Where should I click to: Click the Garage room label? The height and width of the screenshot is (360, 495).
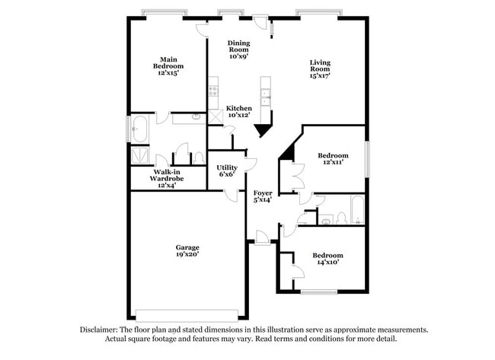click(x=187, y=251)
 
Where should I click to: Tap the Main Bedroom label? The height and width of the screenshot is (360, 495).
click(x=168, y=66)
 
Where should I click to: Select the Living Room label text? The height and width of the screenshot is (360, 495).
click(x=319, y=69)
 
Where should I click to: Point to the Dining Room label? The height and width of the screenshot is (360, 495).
click(x=238, y=49)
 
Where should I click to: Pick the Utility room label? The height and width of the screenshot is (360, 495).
click(x=227, y=170)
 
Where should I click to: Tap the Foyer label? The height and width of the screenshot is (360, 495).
click(x=263, y=196)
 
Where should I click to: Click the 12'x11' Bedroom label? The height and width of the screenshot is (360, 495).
click(x=333, y=158)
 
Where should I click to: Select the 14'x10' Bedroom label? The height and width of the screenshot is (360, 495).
click(x=327, y=259)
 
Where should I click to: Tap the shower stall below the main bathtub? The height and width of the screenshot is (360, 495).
click(x=141, y=156)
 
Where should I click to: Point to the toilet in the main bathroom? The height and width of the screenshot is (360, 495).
click(x=198, y=158)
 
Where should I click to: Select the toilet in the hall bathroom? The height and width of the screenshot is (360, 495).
click(x=340, y=219)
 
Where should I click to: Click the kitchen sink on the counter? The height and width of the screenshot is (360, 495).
click(x=266, y=96)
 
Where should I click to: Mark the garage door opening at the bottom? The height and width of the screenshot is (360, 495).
click(x=187, y=314)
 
